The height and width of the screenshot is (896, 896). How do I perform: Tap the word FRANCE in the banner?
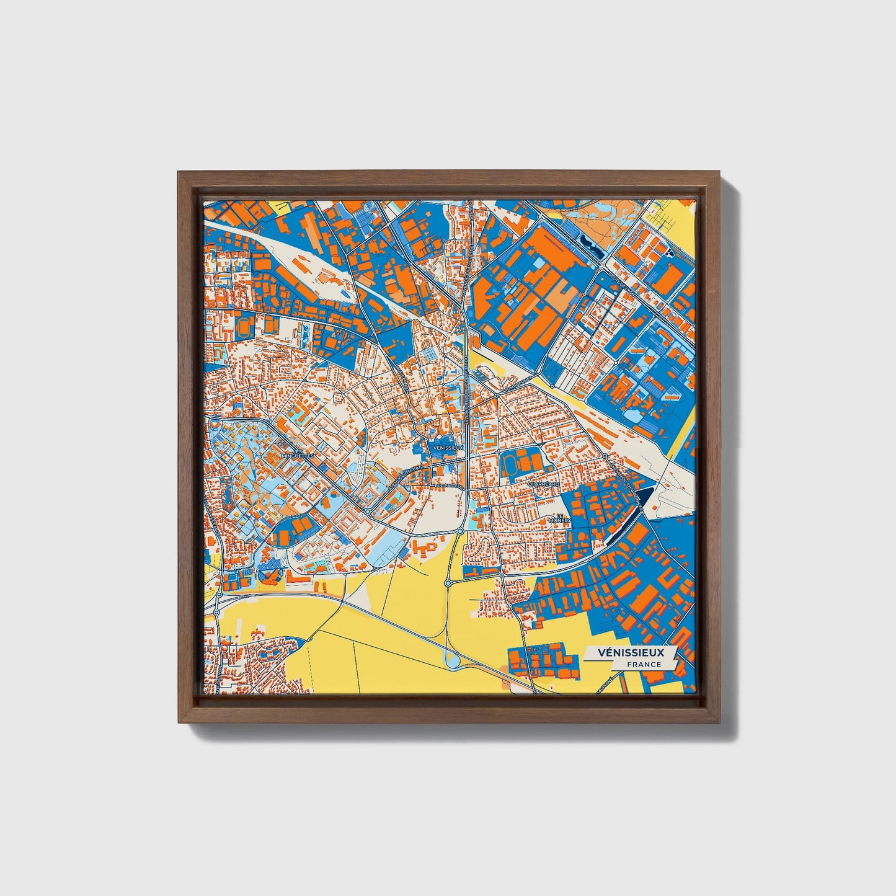[x=643, y=664]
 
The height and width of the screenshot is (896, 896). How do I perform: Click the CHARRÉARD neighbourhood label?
[x=544, y=483]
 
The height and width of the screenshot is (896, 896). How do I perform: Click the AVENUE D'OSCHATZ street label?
[x=406, y=477]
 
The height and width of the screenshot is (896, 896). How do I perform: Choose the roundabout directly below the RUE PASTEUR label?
[x=459, y=531]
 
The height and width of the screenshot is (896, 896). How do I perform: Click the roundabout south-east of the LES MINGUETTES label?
[x=367, y=511]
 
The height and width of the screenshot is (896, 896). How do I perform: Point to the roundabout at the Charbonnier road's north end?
[x=605, y=456]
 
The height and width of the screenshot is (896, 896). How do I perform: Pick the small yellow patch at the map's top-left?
[x=280, y=206]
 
